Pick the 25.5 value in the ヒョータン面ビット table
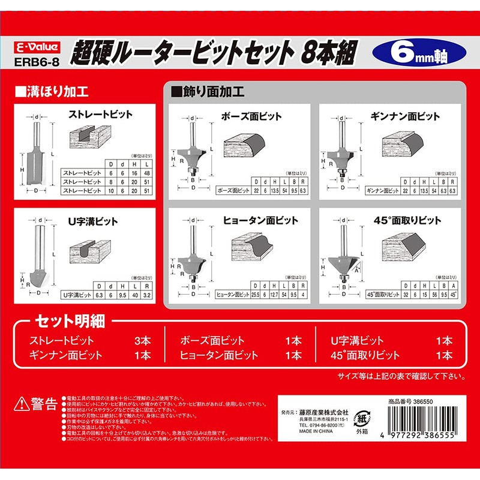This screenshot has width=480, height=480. (x=256, y=294)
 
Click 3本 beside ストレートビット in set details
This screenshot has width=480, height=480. (x=143, y=341)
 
